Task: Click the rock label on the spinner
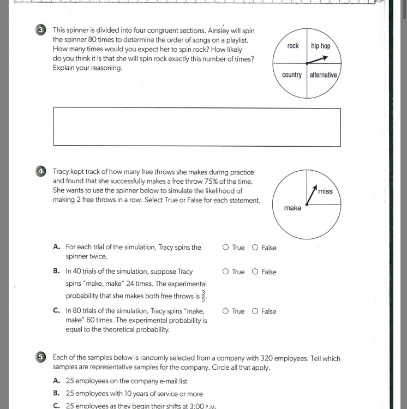pos(293,46)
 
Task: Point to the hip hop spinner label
pos(321,46)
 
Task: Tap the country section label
pos(292,75)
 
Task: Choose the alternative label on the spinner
pos(324,75)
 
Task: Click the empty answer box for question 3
pos(196,127)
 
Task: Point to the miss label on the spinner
pos(325,191)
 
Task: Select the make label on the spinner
pos(292,208)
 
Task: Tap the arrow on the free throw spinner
pos(311,196)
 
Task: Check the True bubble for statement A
pos(226,248)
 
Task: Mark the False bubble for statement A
pos(255,248)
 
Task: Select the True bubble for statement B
pos(226,272)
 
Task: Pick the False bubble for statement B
pos(255,272)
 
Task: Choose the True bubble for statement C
pos(226,311)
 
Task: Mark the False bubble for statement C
pos(255,311)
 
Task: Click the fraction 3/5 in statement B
pos(204,295)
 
